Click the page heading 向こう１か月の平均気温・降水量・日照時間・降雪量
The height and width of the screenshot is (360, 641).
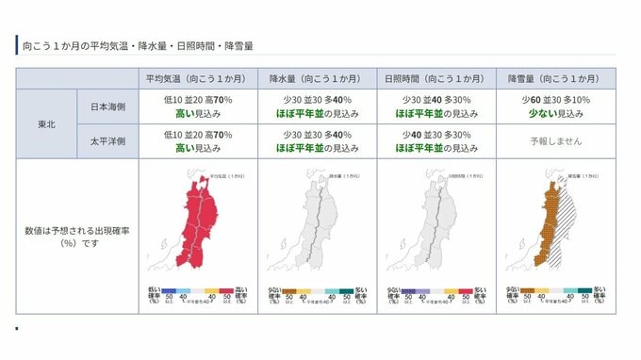[136, 45]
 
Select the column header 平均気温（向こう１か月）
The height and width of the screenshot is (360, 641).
[197, 78]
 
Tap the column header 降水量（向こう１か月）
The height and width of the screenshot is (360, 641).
[317, 78]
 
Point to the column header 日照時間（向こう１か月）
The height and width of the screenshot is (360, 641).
[436, 78]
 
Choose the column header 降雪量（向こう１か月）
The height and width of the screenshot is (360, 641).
[555, 78]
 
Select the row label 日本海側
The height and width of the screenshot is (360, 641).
[107, 106]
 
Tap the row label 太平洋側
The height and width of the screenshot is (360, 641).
[107, 141]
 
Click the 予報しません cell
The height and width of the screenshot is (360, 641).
[555, 141]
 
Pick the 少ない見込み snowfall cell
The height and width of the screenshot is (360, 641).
[555, 106]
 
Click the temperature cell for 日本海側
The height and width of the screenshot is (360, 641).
[197, 106]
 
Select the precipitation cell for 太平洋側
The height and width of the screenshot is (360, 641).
[317, 141]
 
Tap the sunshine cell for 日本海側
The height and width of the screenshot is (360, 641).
[436, 106]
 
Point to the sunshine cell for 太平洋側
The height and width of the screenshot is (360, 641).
[436, 141]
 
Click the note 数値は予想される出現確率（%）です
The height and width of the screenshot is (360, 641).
[77, 236]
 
